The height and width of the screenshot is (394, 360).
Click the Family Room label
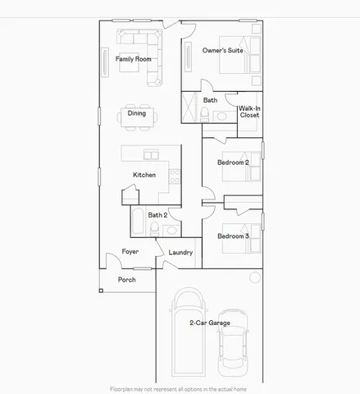click(133, 59)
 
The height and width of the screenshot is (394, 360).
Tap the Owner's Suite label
click(223, 51)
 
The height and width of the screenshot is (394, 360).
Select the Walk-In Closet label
click(249, 112)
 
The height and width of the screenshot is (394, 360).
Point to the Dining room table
click(137, 114)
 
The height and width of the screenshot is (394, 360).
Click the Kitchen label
click(144, 175)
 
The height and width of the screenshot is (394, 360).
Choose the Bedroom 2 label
click(233, 163)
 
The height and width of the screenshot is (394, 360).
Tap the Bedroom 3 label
click(233, 236)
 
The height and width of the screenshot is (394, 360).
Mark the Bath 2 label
click(158, 215)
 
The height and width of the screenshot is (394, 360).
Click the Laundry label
click(180, 253)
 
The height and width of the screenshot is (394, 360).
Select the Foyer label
click(130, 251)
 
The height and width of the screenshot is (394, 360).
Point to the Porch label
click(126, 279)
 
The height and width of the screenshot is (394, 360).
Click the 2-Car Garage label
click(209, 323)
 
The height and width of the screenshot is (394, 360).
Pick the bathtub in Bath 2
click(138, 222)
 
